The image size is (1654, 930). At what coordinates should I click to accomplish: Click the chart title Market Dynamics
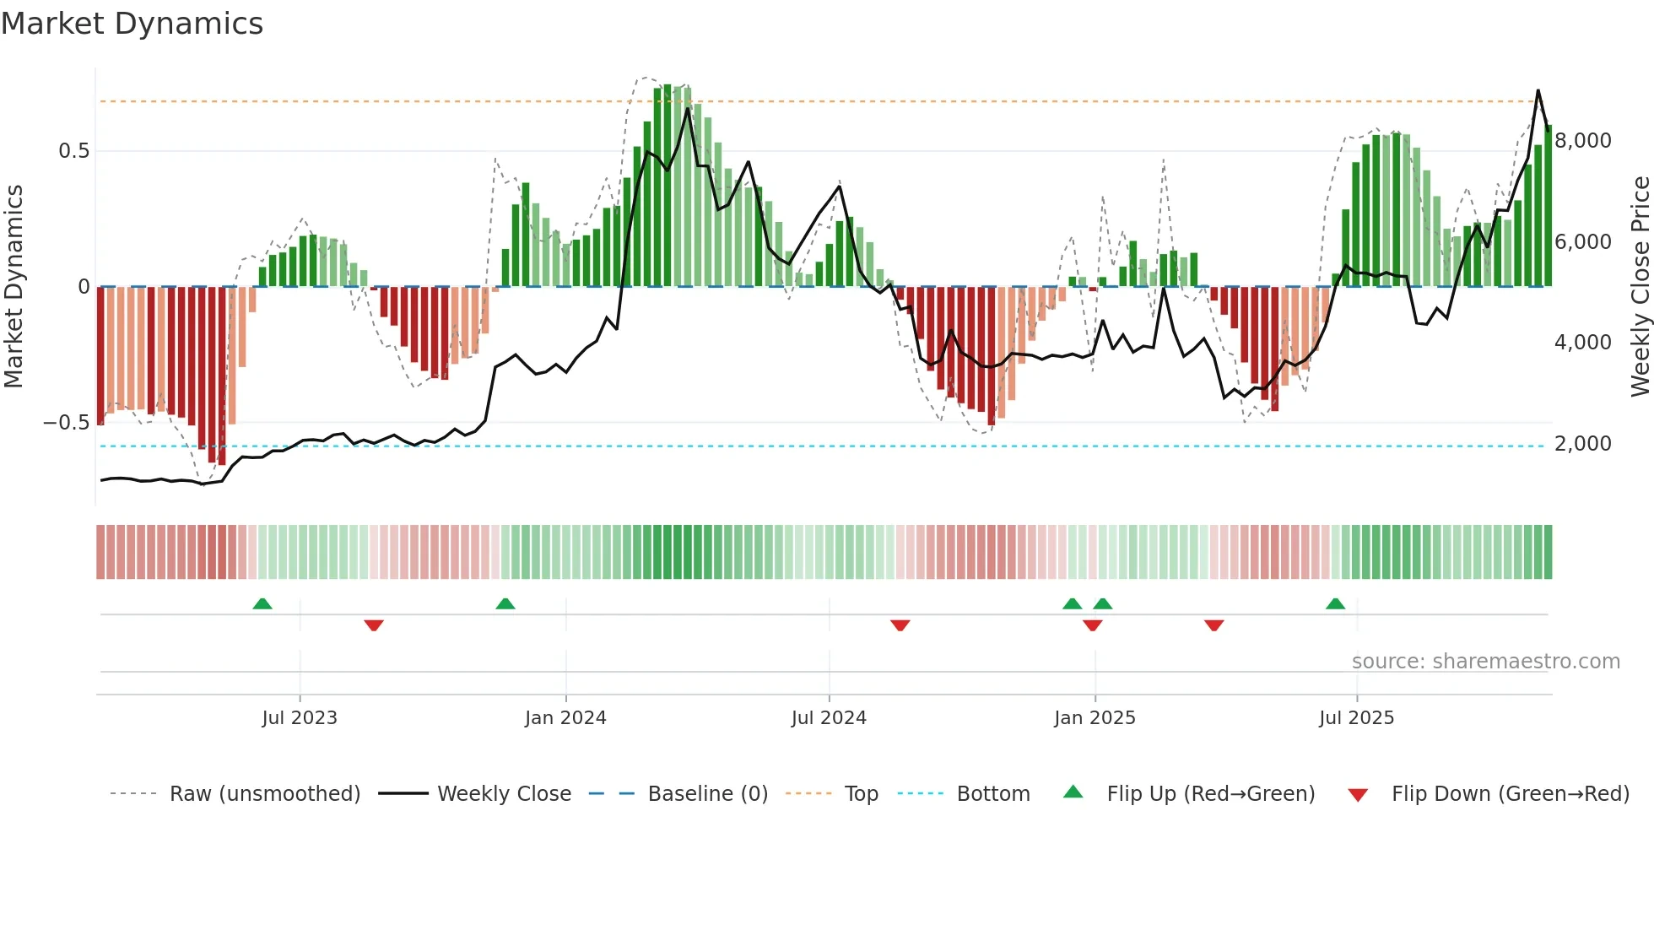[132, 24]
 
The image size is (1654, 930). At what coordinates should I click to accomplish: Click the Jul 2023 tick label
[299, 717]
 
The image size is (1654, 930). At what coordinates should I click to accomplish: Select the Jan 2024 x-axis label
[565, 717]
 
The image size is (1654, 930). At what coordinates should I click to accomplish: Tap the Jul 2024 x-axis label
[829, 717]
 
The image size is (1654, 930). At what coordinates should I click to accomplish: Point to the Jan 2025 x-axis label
[1095, 717]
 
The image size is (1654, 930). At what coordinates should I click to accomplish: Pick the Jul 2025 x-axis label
[1356, 717]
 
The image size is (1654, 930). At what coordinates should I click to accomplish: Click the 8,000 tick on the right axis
[1582, 140]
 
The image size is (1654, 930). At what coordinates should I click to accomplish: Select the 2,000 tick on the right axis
[1582, 443]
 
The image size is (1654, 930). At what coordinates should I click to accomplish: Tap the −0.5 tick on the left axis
[66, 422]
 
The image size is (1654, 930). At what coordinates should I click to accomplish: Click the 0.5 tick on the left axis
[73, 151]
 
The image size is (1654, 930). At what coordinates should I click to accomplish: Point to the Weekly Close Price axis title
[1640, 286]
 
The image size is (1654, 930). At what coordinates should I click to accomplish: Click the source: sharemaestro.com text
[1485, 661]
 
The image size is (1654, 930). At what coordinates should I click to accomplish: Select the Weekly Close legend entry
[504, 793]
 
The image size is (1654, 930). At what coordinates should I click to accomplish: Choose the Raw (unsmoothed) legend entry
[264, 793]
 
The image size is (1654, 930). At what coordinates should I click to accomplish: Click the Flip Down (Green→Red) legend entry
[1510, 793]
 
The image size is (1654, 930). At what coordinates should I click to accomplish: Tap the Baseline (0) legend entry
[707, 793]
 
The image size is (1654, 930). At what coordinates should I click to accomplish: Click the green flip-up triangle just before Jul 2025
[1335, 603]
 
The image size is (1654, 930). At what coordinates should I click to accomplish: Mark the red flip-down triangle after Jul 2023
[374, 625]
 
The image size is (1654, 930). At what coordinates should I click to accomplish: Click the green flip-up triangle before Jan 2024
[505, 603]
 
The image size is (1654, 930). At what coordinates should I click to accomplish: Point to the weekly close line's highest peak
[1538, 90]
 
